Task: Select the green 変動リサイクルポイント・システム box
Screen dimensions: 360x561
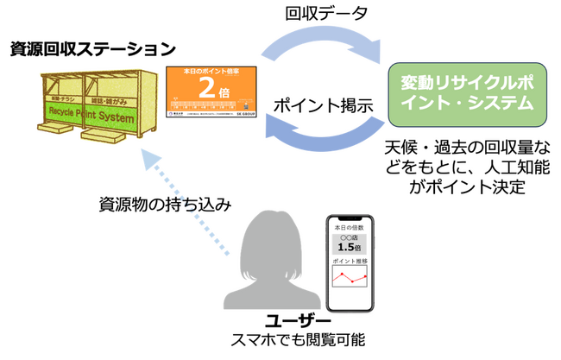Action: pos(469,92)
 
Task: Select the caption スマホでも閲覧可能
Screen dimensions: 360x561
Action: pos(287,342)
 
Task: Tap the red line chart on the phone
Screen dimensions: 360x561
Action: pos(350,277)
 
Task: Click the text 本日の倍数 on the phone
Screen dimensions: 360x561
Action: pos(350,225)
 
